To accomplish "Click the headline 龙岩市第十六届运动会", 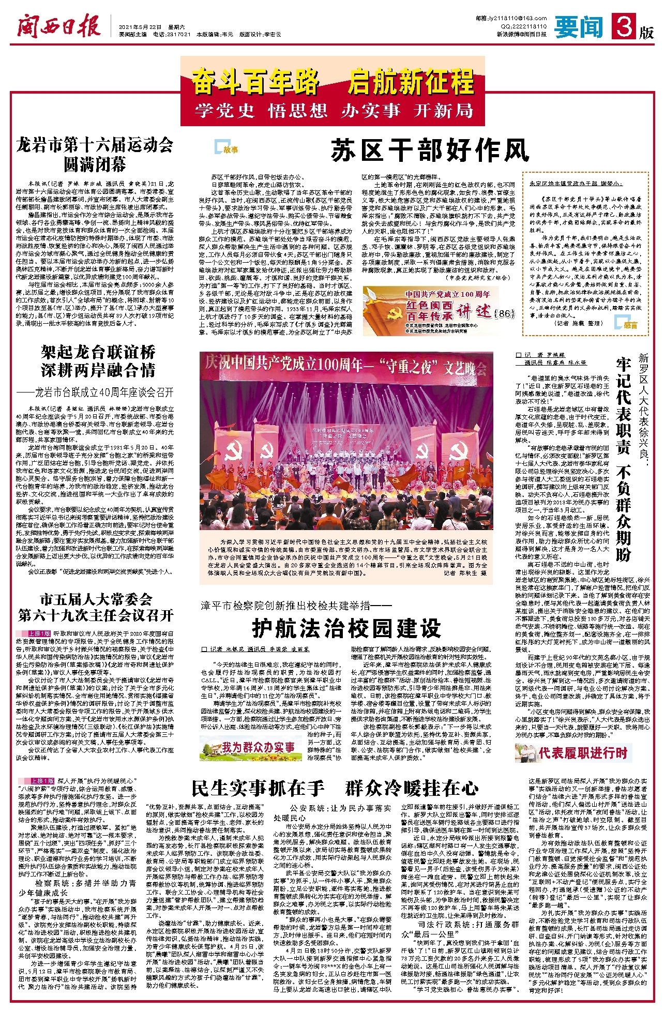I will click(x=95, y=145).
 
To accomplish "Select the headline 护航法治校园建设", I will click(x=346, y=628).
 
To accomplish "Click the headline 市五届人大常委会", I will click(x=96, y=599).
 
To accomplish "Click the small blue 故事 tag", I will click(x=227, y=149).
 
